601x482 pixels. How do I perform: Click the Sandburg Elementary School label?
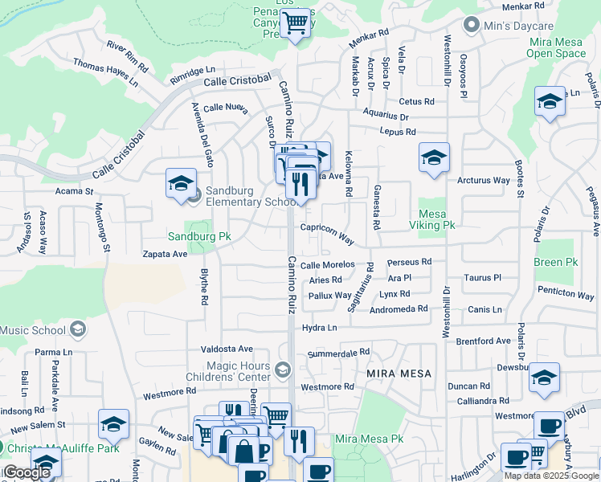[251, 196]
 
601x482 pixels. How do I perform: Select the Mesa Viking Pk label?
[436, 219]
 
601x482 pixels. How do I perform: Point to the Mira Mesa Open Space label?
[556, 47]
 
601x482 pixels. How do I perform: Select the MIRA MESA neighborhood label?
[399, 374]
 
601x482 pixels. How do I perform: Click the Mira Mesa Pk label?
[369, 439]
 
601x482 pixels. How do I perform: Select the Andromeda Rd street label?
[399, 309]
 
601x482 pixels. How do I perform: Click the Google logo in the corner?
[27, 472]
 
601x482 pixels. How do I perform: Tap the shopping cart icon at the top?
[296, 22]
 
